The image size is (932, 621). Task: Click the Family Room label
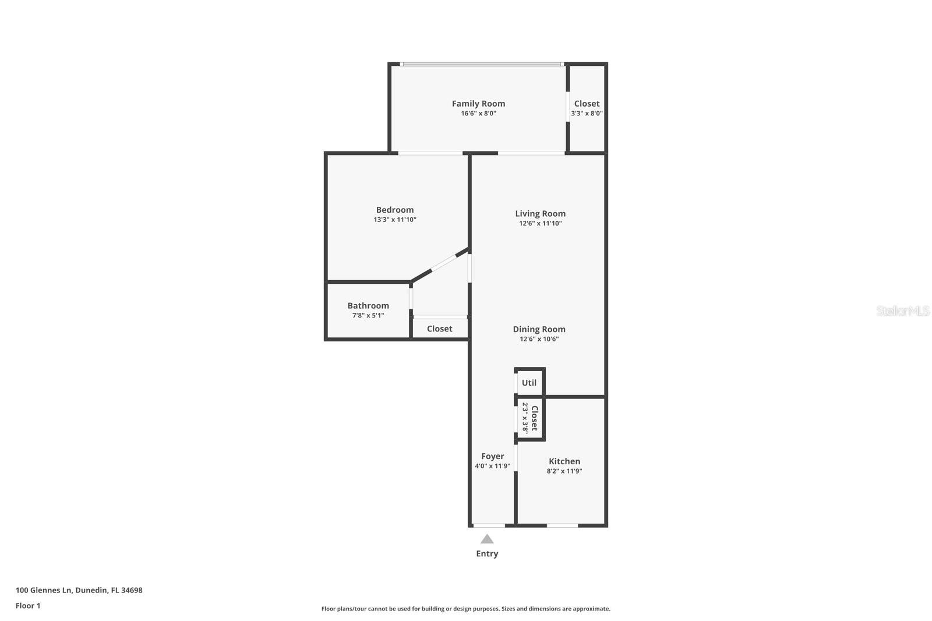pos(478,104)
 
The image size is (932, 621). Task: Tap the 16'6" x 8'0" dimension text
pos(478,114)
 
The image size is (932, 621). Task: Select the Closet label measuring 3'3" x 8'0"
pos(587,104)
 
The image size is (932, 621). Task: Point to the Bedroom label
pos(394,210)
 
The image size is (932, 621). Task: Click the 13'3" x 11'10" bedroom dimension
pos(394,220)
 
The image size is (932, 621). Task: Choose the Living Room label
pos(540,213)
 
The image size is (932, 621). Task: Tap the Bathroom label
pos(368,305)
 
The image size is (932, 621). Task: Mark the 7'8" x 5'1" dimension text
pos(368,316)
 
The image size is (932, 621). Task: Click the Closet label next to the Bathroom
pos(439,329)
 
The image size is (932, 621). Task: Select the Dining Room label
pos(539,329)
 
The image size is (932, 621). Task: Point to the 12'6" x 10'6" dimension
pos(539,339)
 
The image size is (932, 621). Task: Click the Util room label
pos(529,383)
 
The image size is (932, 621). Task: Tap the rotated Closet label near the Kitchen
pos(534,418)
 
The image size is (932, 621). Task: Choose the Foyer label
pos(492,456)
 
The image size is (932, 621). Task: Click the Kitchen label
pos(564,461)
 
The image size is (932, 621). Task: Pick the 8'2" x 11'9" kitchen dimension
pos(564,471)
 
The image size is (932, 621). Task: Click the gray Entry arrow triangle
pos(487,539)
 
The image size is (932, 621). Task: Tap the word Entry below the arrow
pos(487,553)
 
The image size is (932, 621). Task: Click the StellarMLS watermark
pos(902,310)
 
